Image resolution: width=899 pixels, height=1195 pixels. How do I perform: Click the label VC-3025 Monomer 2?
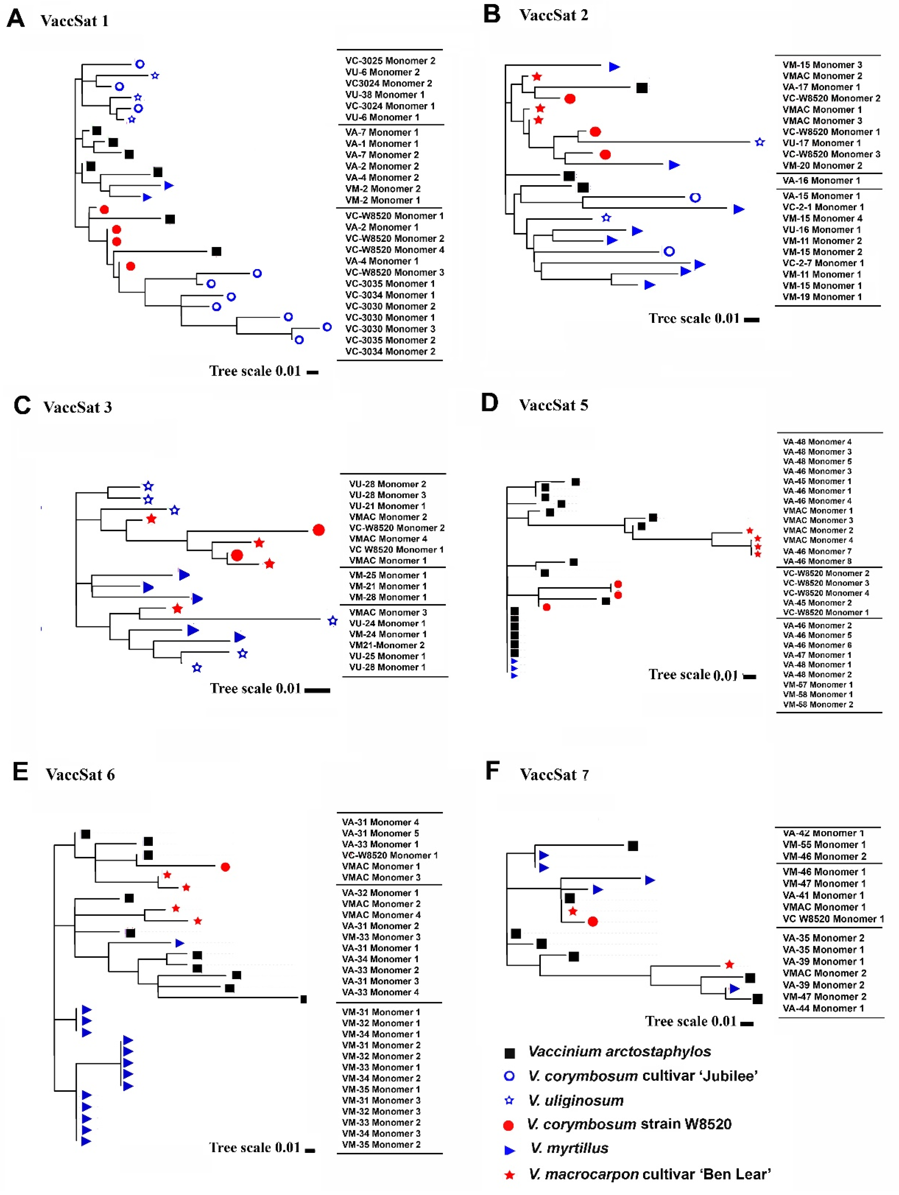[x=390, y=60]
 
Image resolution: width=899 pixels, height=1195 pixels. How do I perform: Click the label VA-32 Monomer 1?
[x=380, y=892]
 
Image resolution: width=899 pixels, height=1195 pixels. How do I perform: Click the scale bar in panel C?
[x=317, y=690]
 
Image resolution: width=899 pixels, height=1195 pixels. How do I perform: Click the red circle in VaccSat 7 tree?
[x=593, y=921]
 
